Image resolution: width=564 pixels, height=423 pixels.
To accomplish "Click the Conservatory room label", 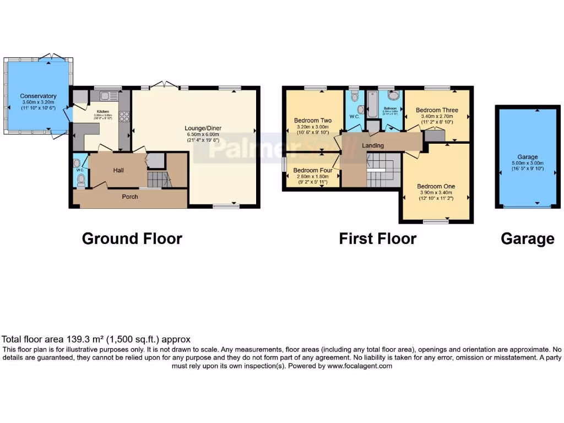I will [x=39, y=96].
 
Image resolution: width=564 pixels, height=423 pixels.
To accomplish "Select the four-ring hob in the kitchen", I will [x=124, y=117].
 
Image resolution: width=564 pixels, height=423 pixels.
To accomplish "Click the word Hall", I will [x=118, y=170].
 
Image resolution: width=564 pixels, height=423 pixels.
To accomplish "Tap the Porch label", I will [x=130, y=197].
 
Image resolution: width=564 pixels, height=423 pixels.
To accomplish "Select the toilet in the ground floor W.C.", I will [x=81, y=180].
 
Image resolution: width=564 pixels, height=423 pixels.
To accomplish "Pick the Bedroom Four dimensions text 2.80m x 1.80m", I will [x=311, y=176].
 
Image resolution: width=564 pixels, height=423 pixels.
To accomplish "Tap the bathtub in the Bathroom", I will [x=372, y=105].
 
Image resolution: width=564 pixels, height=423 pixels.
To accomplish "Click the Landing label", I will [x=373, y=145].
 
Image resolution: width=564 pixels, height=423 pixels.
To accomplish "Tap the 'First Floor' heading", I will [x=377, y=238].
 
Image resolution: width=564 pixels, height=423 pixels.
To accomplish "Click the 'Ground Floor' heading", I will [x=132, y=238].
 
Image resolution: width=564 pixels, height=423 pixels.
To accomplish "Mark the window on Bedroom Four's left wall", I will [x=284, y=165].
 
